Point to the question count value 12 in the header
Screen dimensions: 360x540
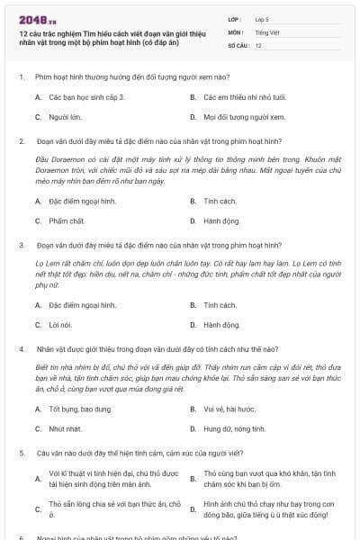tap(258, 45)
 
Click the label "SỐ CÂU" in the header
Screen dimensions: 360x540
tap(238, 45)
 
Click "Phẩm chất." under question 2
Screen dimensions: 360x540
tap(68, 220)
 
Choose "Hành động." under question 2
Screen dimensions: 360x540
tap(221, 220)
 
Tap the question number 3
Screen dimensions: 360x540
tap(21, 244)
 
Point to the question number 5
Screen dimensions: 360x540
tap(21, 454)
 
